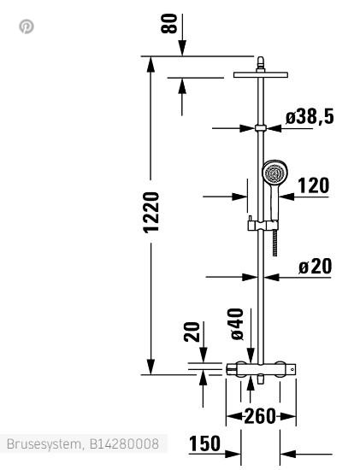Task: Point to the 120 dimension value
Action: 313,185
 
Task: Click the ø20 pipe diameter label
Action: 315,266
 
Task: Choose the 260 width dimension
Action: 260,416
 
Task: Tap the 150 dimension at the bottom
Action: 204,444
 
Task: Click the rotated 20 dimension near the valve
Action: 192,332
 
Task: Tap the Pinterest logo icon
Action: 27,26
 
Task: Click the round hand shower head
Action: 274,173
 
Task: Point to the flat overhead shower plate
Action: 260,75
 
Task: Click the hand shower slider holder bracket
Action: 261,226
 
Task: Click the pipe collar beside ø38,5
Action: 260,128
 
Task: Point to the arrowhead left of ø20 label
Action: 252,276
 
